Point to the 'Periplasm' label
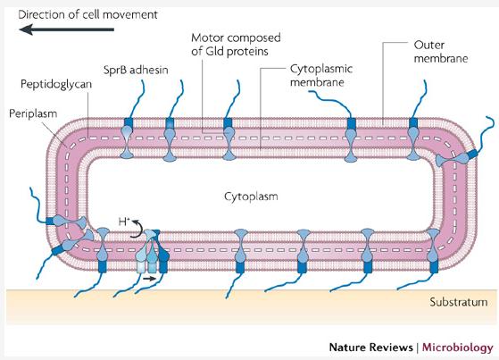click(x=31, y=114)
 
